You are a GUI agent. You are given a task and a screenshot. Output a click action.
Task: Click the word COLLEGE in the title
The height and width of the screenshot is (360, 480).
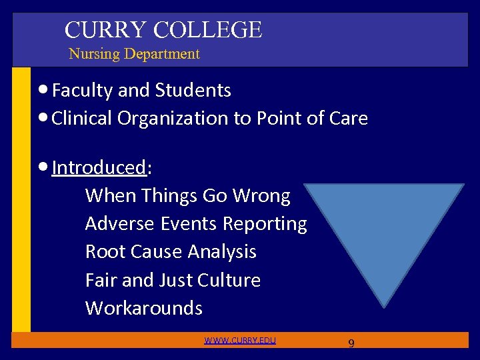pos(207,29)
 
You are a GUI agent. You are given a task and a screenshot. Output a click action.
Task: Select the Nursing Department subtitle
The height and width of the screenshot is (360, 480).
pos(134,54)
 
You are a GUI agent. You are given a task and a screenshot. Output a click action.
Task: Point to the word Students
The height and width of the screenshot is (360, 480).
pos(193,90)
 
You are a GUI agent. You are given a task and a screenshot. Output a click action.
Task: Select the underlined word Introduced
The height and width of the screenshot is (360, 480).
pos(99,167)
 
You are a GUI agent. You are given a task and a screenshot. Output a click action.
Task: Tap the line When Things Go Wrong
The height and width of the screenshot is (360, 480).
pos(188,196)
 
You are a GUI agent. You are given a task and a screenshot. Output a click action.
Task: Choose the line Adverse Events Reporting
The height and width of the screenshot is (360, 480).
pos(196,224)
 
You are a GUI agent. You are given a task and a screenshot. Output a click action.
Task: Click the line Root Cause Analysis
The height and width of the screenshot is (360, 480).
pos(171,252)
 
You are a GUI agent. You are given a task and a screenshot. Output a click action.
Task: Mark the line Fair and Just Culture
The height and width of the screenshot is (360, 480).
pos(173,280)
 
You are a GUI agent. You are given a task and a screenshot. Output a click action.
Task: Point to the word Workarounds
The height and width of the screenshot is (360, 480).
pos(143,308)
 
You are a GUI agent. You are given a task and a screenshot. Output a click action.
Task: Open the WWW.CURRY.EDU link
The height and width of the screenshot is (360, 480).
pos(240,341)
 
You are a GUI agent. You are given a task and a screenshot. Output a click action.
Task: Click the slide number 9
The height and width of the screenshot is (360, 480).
pos(351,343)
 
